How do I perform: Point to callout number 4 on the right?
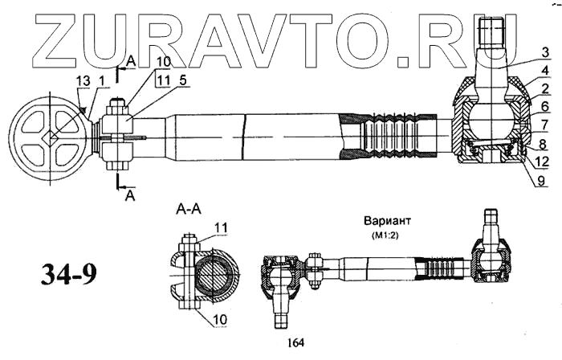(523, 71)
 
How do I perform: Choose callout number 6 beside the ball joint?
(523, 105)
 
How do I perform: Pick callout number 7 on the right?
(523, 125)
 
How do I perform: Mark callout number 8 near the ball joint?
(523, 144)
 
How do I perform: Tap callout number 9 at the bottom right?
(523, 182)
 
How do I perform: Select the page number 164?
(295, 344)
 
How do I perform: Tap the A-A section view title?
(188, 211)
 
